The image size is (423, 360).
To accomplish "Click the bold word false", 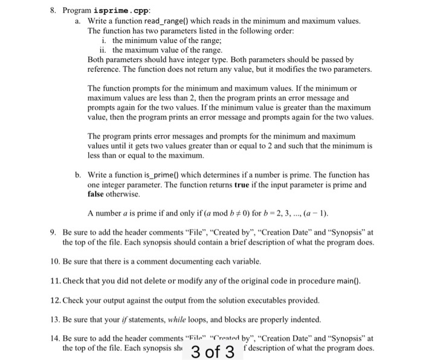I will click(x=100, y=194).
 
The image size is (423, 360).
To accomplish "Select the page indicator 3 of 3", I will click(x=211, y=352).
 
